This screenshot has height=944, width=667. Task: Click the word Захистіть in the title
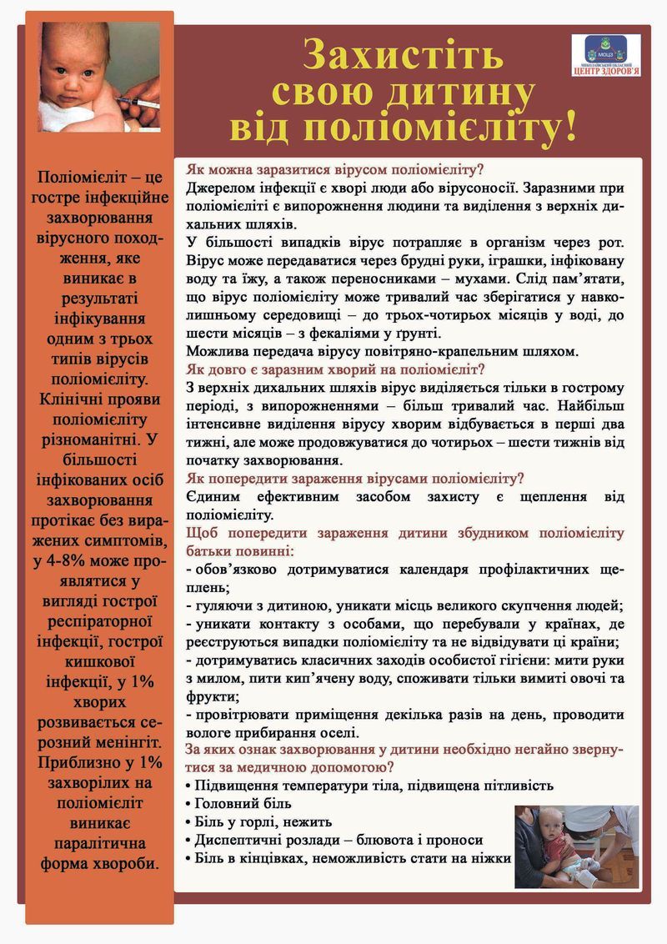coord(404,55)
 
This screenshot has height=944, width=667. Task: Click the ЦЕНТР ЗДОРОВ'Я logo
coord(606,56)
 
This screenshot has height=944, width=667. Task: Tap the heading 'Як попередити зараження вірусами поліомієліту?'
coord(355,479)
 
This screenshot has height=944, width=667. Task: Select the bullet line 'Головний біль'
coord(243,803)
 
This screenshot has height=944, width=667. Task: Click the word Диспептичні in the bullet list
coord(242,840)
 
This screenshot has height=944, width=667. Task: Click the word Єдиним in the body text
coord(215,497)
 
